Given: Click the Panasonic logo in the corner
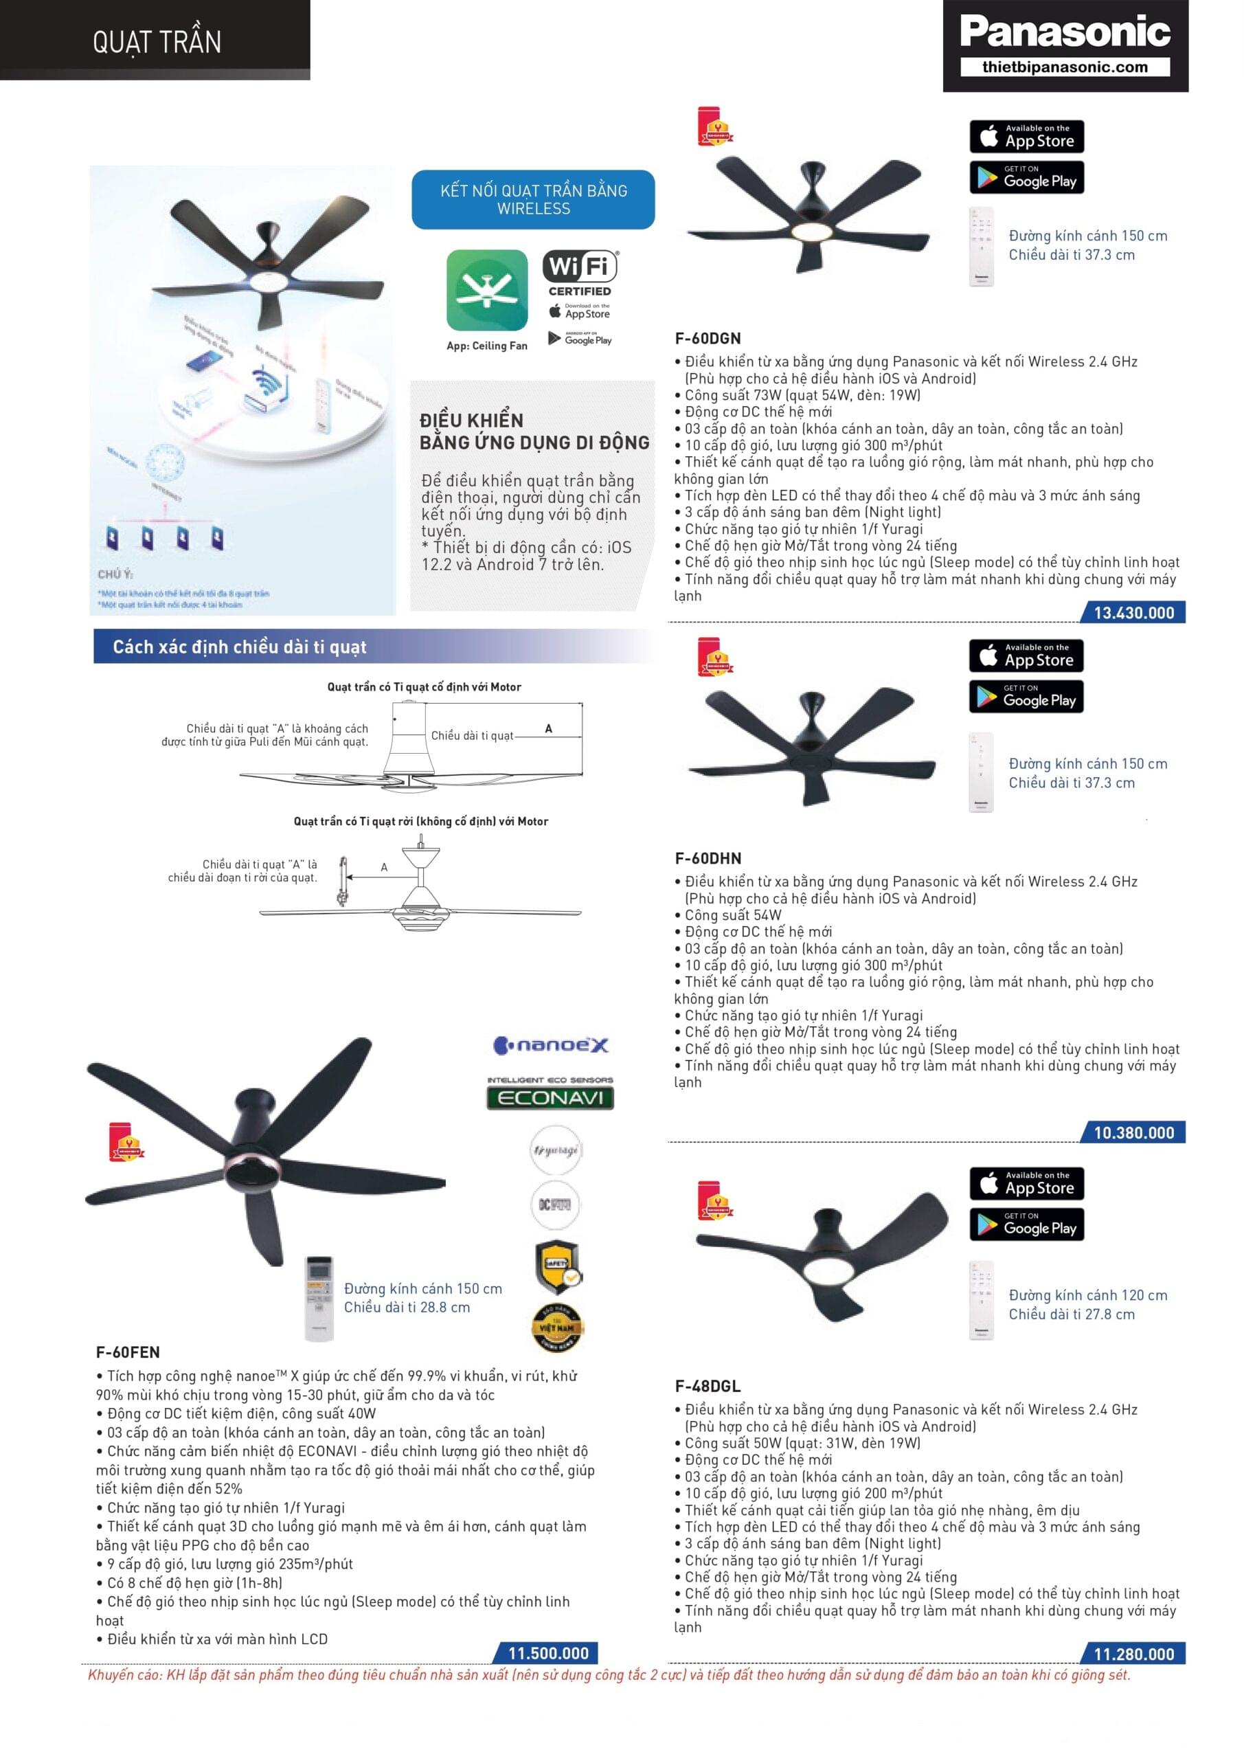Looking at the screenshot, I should click(x=1065, y=32).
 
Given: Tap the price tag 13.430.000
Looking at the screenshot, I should click(x=1133, y=613).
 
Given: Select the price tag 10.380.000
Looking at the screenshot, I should click(x=1133, y=1133).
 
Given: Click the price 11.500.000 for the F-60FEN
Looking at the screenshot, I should click(x=548, y=1653).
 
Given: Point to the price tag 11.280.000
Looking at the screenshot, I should click(x=1133, y=1654).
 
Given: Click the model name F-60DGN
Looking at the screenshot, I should click(x=708, y=339).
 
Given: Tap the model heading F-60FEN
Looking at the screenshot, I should click(x=128, y=1353).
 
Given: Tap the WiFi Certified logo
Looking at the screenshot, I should click(x=580, y=273).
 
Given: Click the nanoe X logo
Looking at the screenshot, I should click(x=551, y=1045).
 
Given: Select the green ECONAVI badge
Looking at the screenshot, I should click(x=550, y=1098).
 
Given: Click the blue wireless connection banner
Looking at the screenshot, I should click(x=533, y=199).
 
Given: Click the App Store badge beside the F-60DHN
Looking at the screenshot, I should click(x=1026, y=656).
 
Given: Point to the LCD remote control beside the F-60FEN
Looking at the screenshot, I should click(x=319, y=1299).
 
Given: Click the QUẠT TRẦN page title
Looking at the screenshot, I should click(x=157, y=41).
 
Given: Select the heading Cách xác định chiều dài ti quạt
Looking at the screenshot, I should click(x=240, y=647).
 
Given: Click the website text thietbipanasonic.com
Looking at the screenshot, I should click(x=1065, y=67).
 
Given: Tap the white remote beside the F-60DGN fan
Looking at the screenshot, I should click(x=982, y=247).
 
